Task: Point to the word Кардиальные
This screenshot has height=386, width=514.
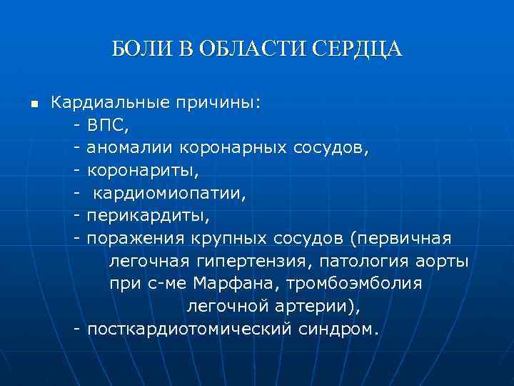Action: tap(109, 104)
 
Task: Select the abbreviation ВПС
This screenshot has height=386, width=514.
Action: tap(108, 127)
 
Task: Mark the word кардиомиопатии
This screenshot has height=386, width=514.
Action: tap(168, 194)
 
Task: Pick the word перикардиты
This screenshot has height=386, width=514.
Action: tap(148, 216)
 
